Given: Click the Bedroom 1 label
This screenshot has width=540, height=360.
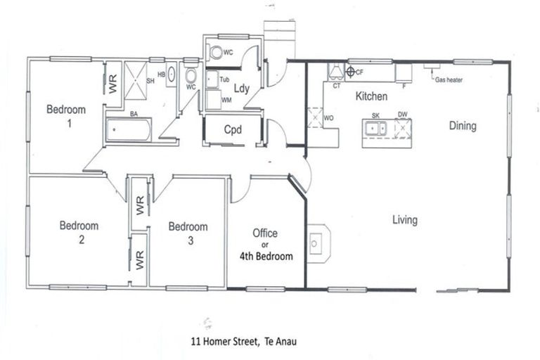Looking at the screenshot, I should pos(66,116).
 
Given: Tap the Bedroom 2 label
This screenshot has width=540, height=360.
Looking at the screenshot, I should pos(79,233).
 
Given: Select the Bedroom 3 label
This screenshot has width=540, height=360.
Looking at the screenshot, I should pos(188,233).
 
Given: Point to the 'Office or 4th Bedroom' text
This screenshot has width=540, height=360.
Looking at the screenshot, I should pos(265,245).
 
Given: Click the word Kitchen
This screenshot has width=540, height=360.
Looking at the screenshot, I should pos(372,96).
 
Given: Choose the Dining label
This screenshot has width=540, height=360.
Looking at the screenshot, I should pos(463,127).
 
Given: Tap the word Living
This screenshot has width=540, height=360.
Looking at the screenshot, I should pos(404,220).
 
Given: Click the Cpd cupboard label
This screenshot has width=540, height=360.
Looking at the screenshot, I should pos(233,130).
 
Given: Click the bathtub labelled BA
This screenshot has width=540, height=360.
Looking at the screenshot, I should pos(128,130).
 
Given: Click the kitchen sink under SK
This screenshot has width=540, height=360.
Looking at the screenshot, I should pos(375,128).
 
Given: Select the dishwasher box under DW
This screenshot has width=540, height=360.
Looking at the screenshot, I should pos(402,128).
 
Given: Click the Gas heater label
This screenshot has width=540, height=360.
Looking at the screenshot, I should pos(449,80).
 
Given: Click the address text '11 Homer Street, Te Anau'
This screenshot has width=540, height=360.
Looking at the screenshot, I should pos(243,342).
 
